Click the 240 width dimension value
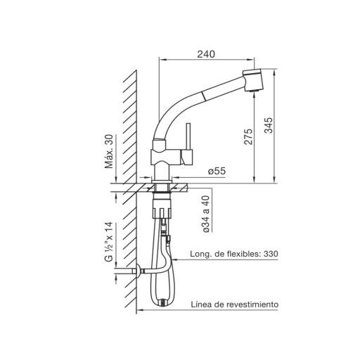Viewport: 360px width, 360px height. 206,54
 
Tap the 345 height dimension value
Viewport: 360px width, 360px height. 269,126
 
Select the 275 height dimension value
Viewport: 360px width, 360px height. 248,136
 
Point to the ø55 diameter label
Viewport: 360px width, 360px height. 217,171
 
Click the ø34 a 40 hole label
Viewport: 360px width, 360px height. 206,214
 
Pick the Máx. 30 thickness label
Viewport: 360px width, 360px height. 109,151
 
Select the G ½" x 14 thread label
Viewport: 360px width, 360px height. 109,242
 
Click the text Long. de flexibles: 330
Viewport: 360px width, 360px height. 234,254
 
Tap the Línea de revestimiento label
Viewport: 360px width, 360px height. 235,304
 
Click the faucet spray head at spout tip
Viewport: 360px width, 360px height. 252,80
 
